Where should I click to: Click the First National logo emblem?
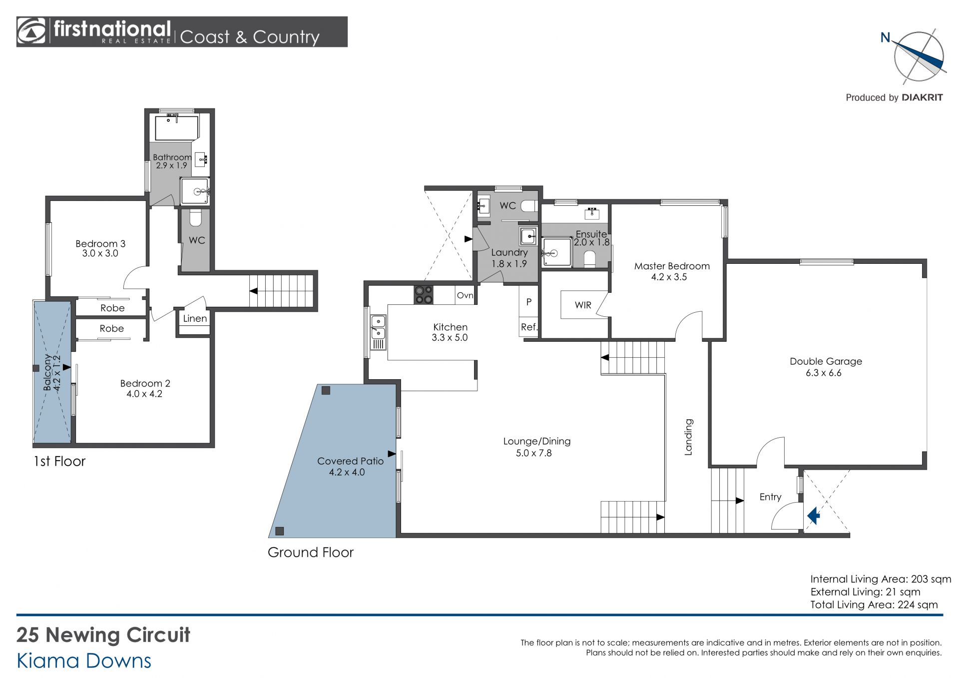[31, 31]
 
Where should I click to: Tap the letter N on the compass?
[885, 37]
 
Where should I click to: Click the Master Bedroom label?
[672, 266]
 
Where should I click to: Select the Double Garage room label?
[826, 361]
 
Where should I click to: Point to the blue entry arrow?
[814, 515]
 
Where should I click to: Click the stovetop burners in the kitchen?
[424, 294]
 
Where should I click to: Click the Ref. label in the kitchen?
[529, 327]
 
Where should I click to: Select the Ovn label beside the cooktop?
[465, 295]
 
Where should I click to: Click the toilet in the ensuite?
[590, 259]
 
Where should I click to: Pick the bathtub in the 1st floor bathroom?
[177, 127]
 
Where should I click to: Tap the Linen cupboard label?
[195, 318]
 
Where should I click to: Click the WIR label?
[583, 305]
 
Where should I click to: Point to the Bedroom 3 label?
[100, 244]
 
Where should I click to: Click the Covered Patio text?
[350, 461]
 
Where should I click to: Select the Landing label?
[688, 437]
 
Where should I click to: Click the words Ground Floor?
[311, 552]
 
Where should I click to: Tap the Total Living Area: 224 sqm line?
[874, 605]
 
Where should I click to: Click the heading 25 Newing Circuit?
[103, 635]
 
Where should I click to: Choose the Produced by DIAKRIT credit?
[894, 97]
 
